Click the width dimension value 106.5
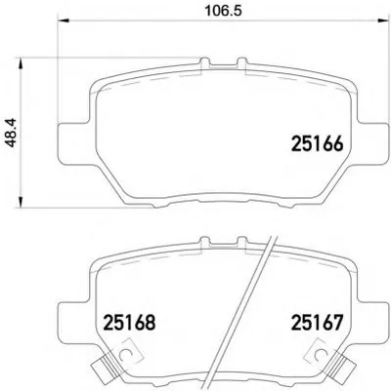coord(223,11)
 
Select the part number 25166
coord(317,143)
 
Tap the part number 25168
coord(129,322)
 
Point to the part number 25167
coord(317,322)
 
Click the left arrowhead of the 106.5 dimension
coord(64,21)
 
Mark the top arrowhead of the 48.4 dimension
coord(21,63)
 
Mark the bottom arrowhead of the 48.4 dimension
coord(21,202)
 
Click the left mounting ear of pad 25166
coord(74,143)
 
